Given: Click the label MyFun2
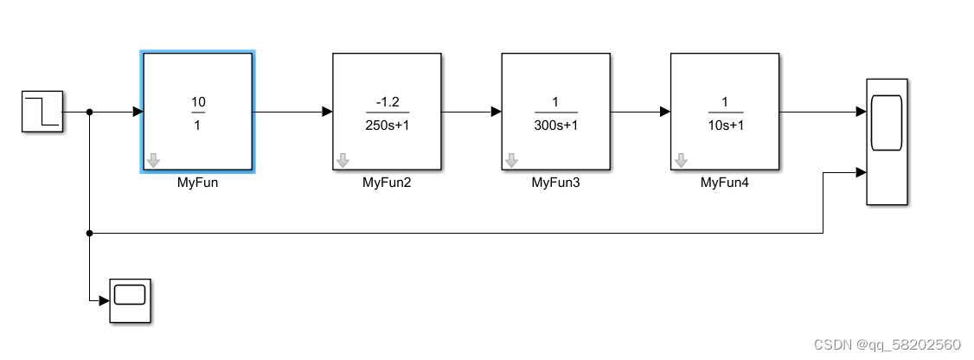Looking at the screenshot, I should coord(386,183).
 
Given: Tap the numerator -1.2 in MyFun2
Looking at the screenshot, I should coord(387,102).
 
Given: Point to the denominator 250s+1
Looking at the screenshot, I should coord(387,124).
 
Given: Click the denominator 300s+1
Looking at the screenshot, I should coord(555,124).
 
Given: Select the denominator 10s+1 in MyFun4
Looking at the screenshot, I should coord(725,124).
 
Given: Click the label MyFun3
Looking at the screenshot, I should coord(554,183).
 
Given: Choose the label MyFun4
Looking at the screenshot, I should coord(724,183).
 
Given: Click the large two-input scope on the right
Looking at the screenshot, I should coord(887,141).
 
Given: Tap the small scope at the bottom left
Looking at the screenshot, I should coord(130,300).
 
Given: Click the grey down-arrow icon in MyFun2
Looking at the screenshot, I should coord(343,160).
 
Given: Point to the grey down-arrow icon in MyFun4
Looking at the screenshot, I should coord(681,160).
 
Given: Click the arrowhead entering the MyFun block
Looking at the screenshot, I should coord(137,112).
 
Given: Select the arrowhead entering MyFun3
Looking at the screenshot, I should coord(497,112).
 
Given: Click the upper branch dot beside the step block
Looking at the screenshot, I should coord(90,112).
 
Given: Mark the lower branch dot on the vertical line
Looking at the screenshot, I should coord(90,233).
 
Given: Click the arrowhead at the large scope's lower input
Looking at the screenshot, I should coord(861,172).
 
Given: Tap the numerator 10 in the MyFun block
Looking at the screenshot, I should coord(198,102).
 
